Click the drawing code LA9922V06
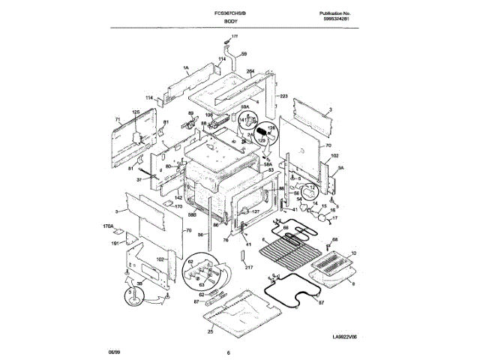coord(352,338)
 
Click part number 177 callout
coord(233,36)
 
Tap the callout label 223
coord(283,97)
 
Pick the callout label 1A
coord(184,67)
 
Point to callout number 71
coord(118,119)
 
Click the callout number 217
coord(249,267)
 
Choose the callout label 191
coord(115,243)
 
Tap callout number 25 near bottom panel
coord(211,331)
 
